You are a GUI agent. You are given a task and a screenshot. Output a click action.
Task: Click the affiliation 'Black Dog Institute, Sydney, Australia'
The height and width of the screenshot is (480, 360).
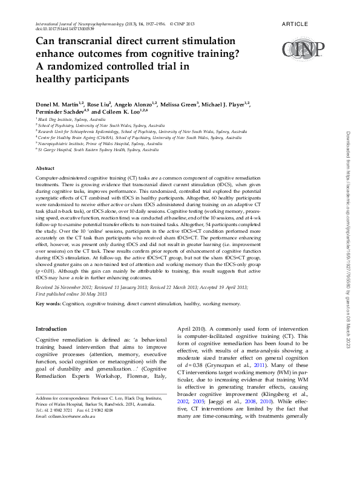[x=76, y=120]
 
